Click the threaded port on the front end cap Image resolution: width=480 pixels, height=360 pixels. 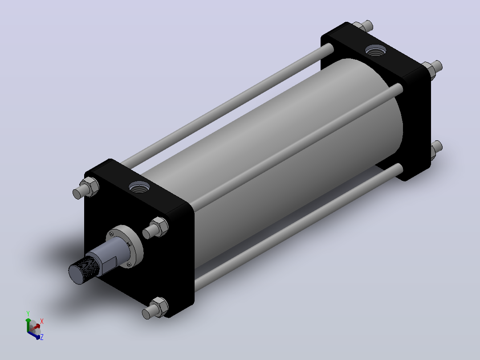tap(139, 187)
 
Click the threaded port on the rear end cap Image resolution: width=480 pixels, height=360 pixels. tap(376, 50)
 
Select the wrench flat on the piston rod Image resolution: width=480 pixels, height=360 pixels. tap(110, 264)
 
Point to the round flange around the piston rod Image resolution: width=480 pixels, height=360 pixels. tap(125, 246)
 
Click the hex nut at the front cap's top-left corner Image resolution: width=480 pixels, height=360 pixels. tap(89, 186)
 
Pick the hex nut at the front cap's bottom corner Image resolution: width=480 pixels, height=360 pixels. tap(159, 307)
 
